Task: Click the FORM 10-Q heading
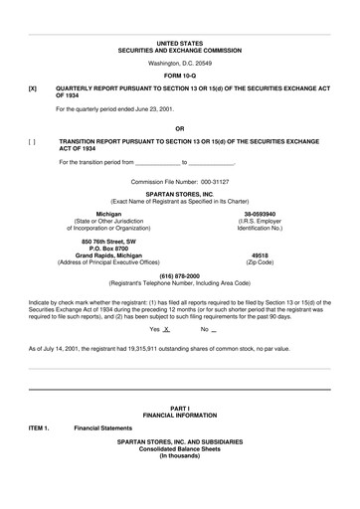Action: point(180,76)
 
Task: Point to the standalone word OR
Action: point(180,129)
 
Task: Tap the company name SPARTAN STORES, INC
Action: point(180,196)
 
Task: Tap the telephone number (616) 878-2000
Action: point(180,274)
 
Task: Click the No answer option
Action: point(206,328)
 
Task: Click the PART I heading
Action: point(180,409)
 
